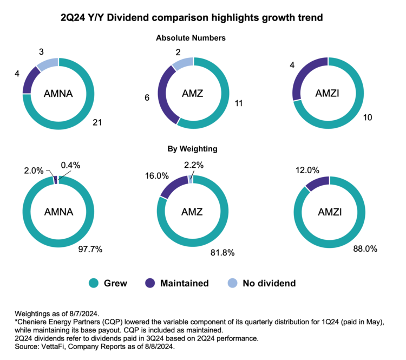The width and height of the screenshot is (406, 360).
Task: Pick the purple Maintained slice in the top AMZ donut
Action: (x=162, y=93)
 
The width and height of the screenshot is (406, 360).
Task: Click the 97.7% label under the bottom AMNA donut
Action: (x=90, y=249)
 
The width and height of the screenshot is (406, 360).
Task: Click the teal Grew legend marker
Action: (x=94, y=283)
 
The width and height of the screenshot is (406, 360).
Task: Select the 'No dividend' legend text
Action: (x=270, y=283)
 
